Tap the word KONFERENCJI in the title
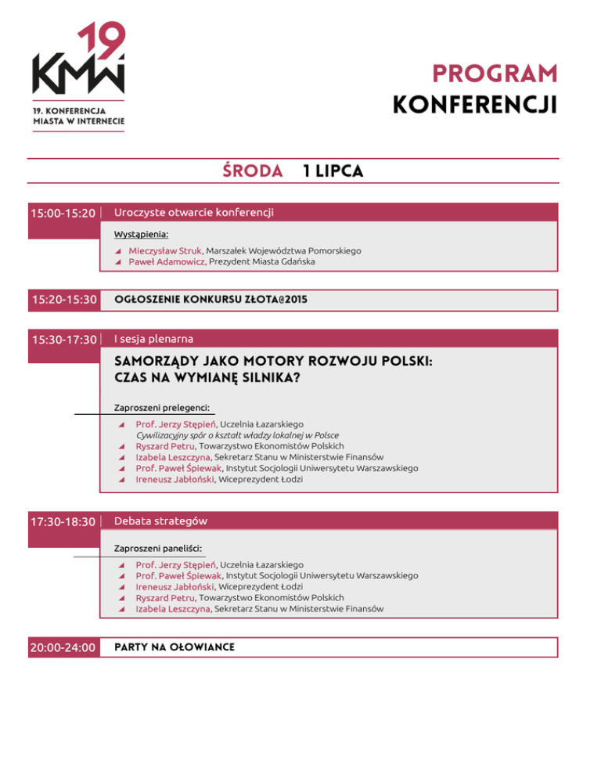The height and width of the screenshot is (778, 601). coord(475,104)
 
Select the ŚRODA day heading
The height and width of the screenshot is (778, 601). coord(251,171)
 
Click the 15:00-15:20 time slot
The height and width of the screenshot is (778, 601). coord(63,212)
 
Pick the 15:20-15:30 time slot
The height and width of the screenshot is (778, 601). coord(63,299)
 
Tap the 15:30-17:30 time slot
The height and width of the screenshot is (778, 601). coord(63,339)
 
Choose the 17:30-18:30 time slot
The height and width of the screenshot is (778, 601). coord(63,521)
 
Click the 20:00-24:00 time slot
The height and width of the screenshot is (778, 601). coord(63,647)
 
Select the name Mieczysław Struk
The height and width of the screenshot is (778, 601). coord(160,250)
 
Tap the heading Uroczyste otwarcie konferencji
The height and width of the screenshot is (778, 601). coord(194,211)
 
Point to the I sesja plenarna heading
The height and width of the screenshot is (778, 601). coord(154,338)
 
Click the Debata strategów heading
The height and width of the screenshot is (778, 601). coord(160,520)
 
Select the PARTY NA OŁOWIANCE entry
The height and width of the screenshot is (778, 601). coord(175,647)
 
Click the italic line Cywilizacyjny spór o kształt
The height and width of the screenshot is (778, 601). coord(226,434)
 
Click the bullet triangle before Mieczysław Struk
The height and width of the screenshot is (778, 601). coord(117,250)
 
